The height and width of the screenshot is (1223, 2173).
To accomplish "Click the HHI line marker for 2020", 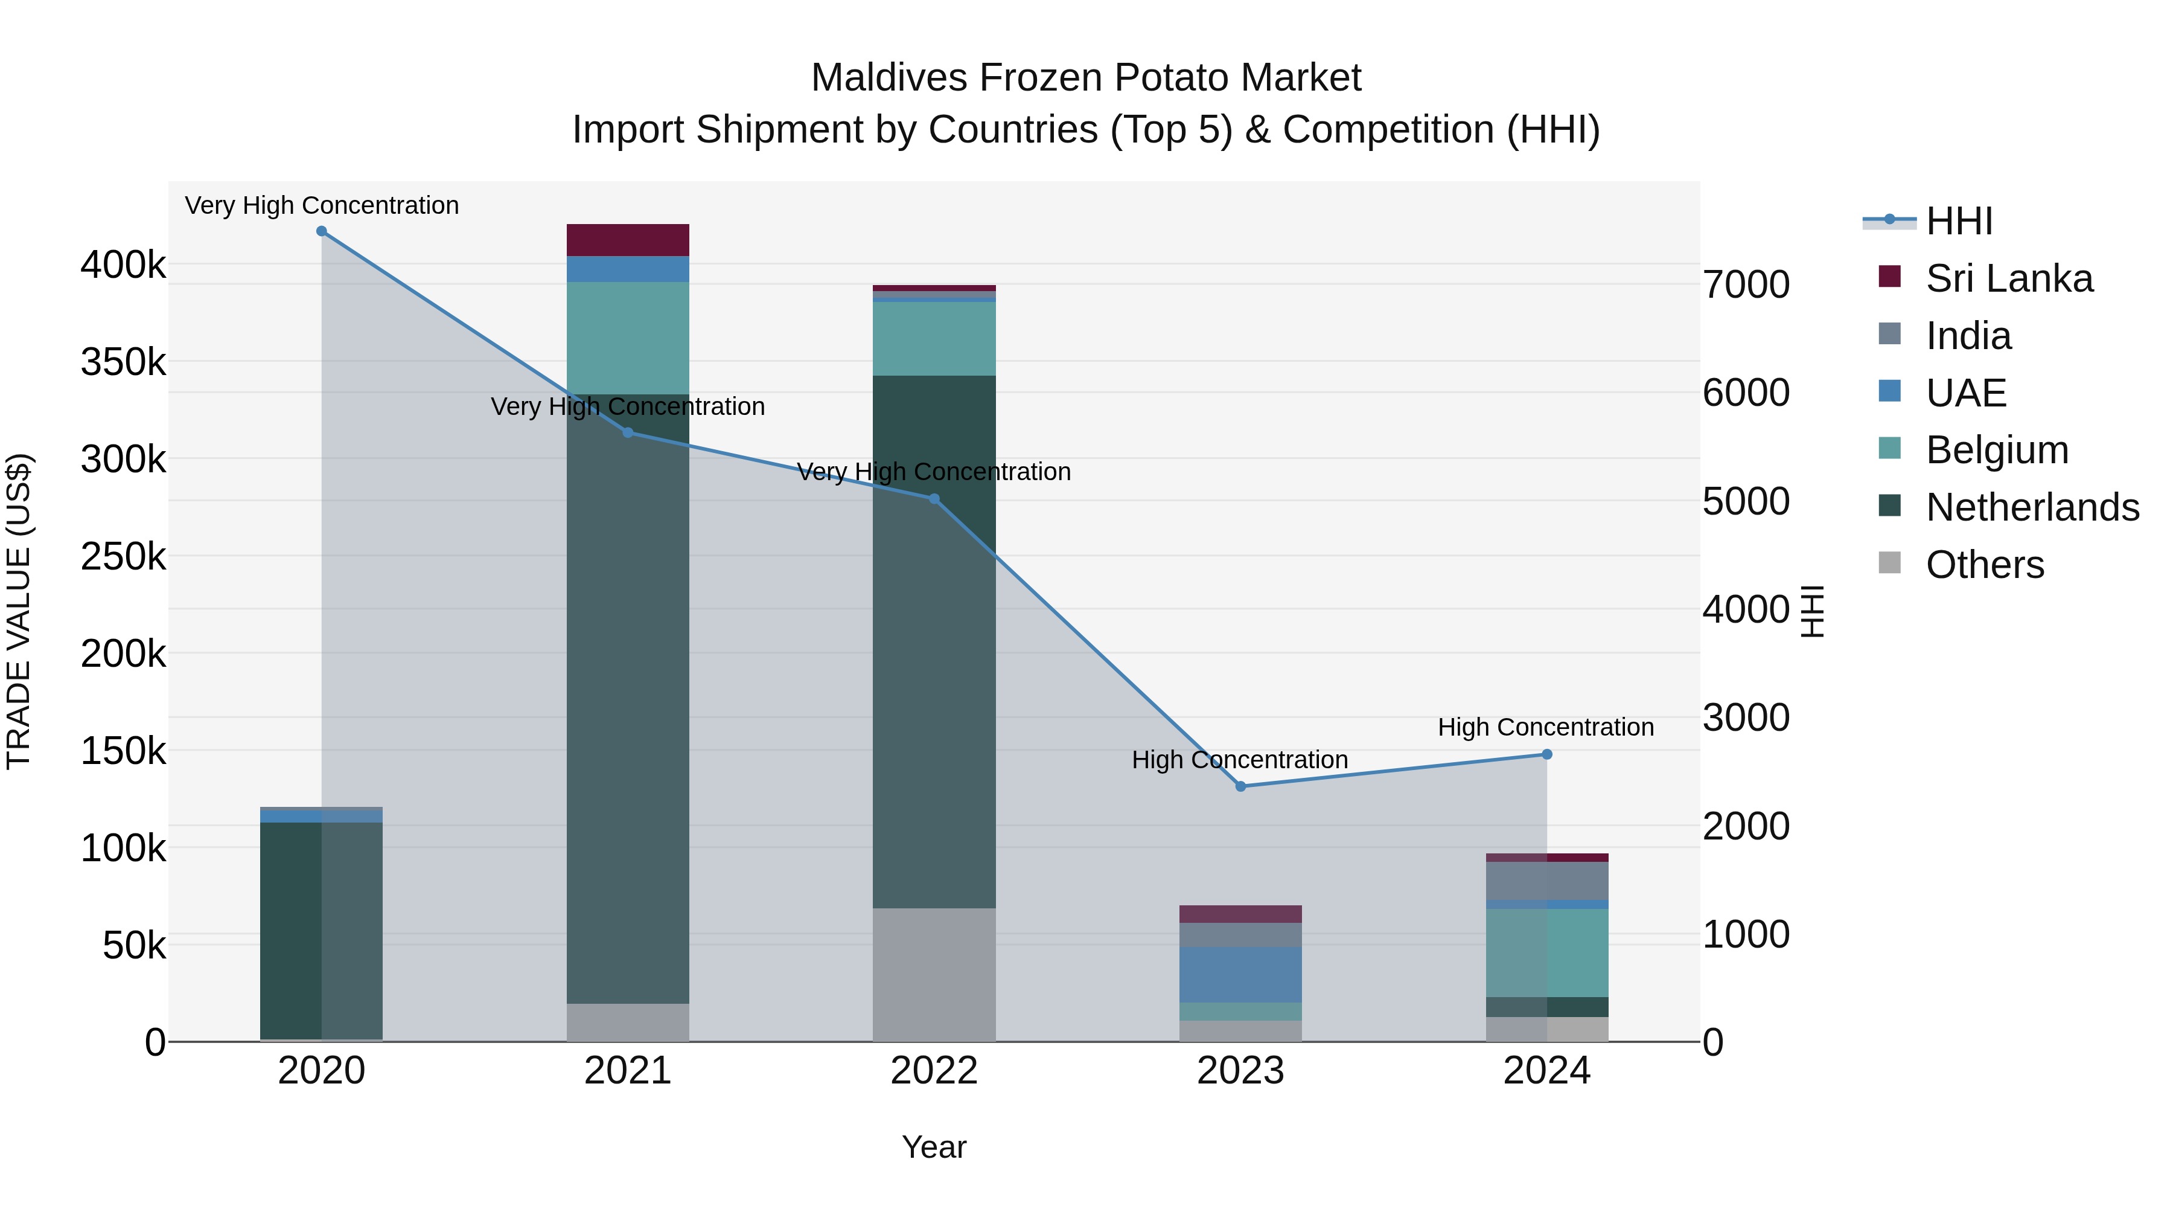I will pos(321,231).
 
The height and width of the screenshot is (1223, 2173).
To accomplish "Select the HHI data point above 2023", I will pos(1240,786).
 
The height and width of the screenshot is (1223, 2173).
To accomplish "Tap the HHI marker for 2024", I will pos(1546,754).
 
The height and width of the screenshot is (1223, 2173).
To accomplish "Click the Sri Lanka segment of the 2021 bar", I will pos(628,240).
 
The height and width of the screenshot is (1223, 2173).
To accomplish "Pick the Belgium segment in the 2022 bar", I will pos(934,338).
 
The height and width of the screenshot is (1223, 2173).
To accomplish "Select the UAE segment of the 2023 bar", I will pos(1240,975).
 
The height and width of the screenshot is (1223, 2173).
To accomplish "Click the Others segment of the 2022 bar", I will pos(934,975).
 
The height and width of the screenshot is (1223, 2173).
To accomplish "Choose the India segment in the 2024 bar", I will pos(1546,881).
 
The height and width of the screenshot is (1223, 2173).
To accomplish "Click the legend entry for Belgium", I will pos(1997,450).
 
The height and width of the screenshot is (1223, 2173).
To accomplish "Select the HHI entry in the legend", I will pos(1959,221).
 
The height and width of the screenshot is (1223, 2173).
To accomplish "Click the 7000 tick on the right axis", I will pos(1745,284).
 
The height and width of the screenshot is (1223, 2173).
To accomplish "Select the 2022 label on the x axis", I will pos(934,1071).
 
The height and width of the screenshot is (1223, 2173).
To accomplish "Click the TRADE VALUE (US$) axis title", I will pos(19,611).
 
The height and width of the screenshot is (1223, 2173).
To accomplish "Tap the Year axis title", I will pos(934,1147).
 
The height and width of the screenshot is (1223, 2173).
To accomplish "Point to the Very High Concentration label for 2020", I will pos(321,205).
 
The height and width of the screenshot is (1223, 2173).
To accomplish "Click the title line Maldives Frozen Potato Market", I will pos(1086,78).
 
